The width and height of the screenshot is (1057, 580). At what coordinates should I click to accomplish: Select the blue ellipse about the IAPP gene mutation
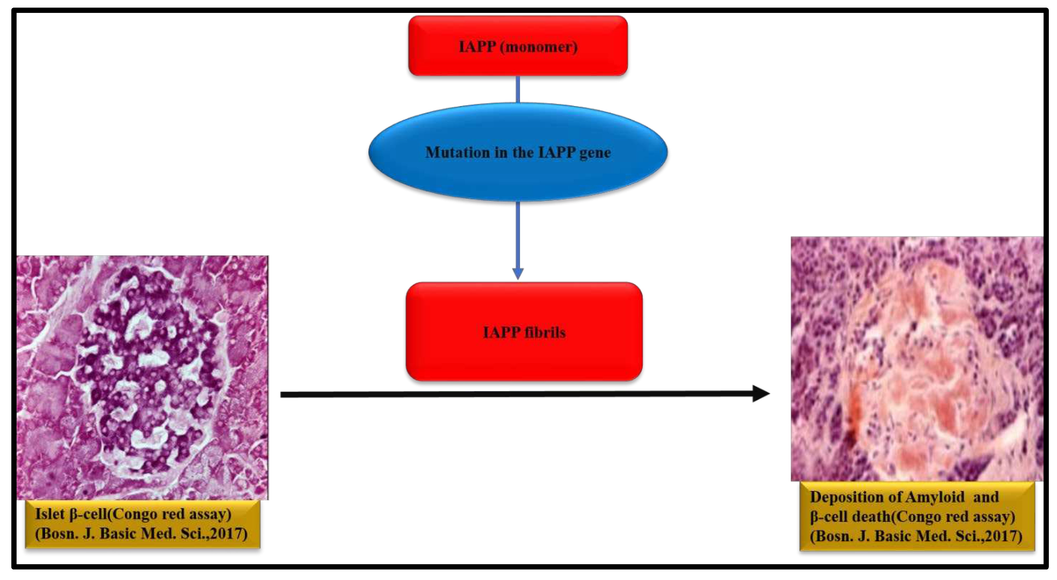(x=518, y=176)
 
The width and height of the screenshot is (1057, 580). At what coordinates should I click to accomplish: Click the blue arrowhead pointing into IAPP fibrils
(x=518, y=273)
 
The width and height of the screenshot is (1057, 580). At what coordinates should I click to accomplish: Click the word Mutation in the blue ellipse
(x=457, y=153)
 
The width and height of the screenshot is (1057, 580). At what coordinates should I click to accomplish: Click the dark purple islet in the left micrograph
(x=148, y=365)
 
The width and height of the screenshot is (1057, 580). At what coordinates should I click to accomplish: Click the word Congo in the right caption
(x=919, y=516)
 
